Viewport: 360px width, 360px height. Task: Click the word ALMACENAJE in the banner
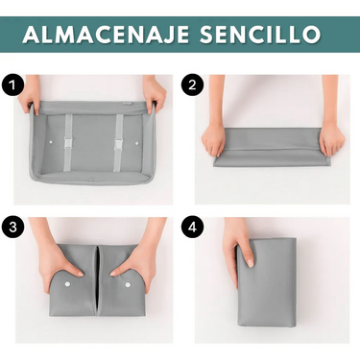click(x=107, y=34)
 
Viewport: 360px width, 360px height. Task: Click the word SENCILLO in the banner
click(x=260, y=34)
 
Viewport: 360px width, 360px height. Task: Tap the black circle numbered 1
click(x=12, y=85)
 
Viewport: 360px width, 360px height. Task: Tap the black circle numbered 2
click(x=192, y=85)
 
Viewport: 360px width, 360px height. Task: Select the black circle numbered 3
click(x=12, y=228)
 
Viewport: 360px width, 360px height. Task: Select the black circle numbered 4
click(x=192, y=228)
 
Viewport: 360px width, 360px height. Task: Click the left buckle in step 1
click(x=68, y=143)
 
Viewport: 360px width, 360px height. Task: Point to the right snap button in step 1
click(x=137, y=143)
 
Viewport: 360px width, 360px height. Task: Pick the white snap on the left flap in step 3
click(x=67, y=284)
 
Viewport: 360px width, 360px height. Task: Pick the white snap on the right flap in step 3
click(x=128, y=284)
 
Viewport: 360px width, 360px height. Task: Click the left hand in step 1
click(x=30, y=93)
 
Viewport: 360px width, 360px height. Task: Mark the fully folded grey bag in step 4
click(x=267, y=281)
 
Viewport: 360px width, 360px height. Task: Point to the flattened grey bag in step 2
click(x=272, y=147)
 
